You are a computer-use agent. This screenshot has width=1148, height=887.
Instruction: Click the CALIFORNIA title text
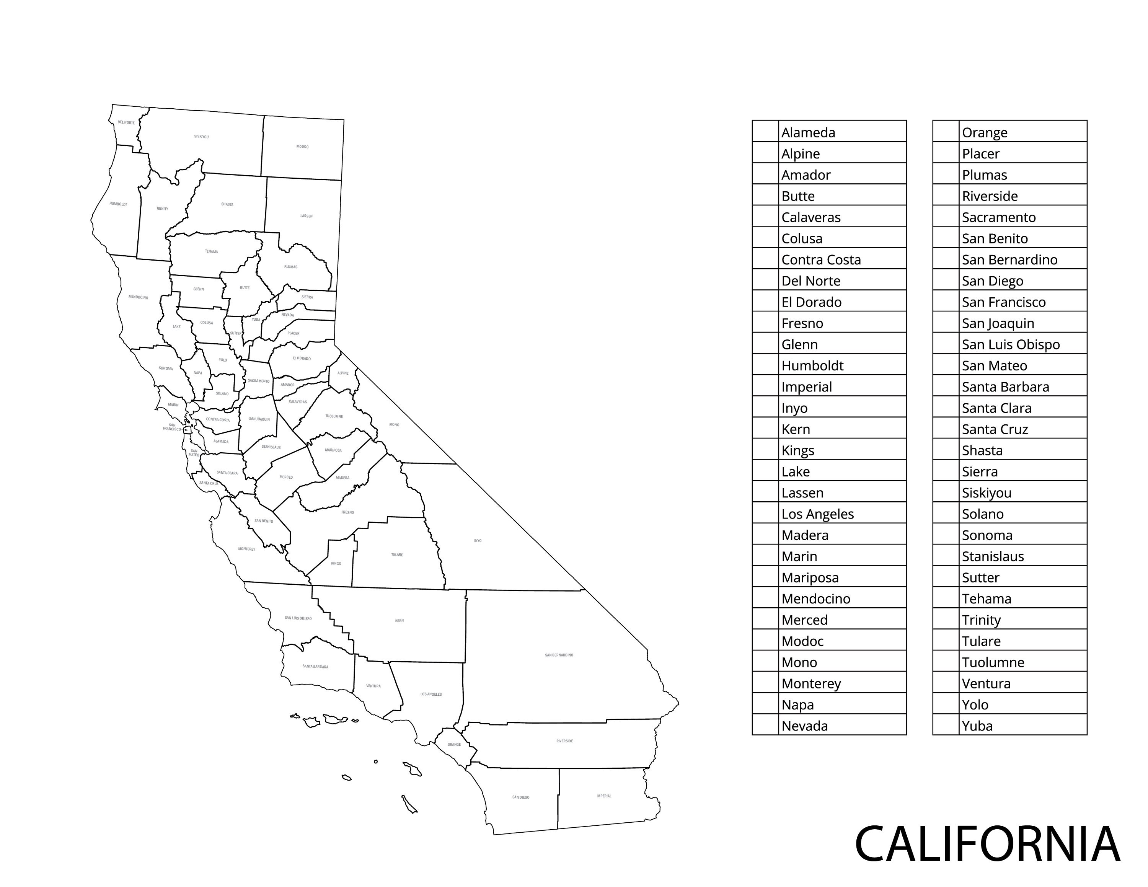[x=987, y=844]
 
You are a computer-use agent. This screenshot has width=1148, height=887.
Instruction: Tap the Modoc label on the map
[x=302, y=147]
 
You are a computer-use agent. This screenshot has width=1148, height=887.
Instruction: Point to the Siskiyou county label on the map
[x=201, y=137]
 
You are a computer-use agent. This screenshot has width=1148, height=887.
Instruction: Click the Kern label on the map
[x=400, y=621]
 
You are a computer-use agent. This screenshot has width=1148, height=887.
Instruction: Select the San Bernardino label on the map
[x=559, y=655]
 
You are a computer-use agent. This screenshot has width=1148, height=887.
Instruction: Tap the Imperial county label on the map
[x=603, y=796]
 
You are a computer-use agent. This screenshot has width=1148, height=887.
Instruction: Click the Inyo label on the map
[x=477, y=541]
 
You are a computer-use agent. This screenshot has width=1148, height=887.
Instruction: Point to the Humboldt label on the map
[x=118, y=204]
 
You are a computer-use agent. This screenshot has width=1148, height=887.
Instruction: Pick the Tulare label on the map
[x=397, y=555]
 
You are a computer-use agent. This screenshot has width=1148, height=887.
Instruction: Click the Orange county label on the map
[x=454, y=745]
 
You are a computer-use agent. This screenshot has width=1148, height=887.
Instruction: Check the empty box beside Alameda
[x=765, y=131]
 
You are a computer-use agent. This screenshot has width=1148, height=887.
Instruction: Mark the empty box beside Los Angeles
[x=765, y=513]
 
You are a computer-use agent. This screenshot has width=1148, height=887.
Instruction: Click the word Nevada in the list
[x=804, y=726]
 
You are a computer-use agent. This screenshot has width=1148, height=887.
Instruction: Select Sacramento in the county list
[x=998, y=218]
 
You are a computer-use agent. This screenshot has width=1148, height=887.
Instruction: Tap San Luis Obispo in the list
[x=1010, y=345]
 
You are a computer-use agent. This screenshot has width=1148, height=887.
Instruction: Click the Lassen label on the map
[x=307, y=216]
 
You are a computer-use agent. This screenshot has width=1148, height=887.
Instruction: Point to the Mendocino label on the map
[x=138, y=297]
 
